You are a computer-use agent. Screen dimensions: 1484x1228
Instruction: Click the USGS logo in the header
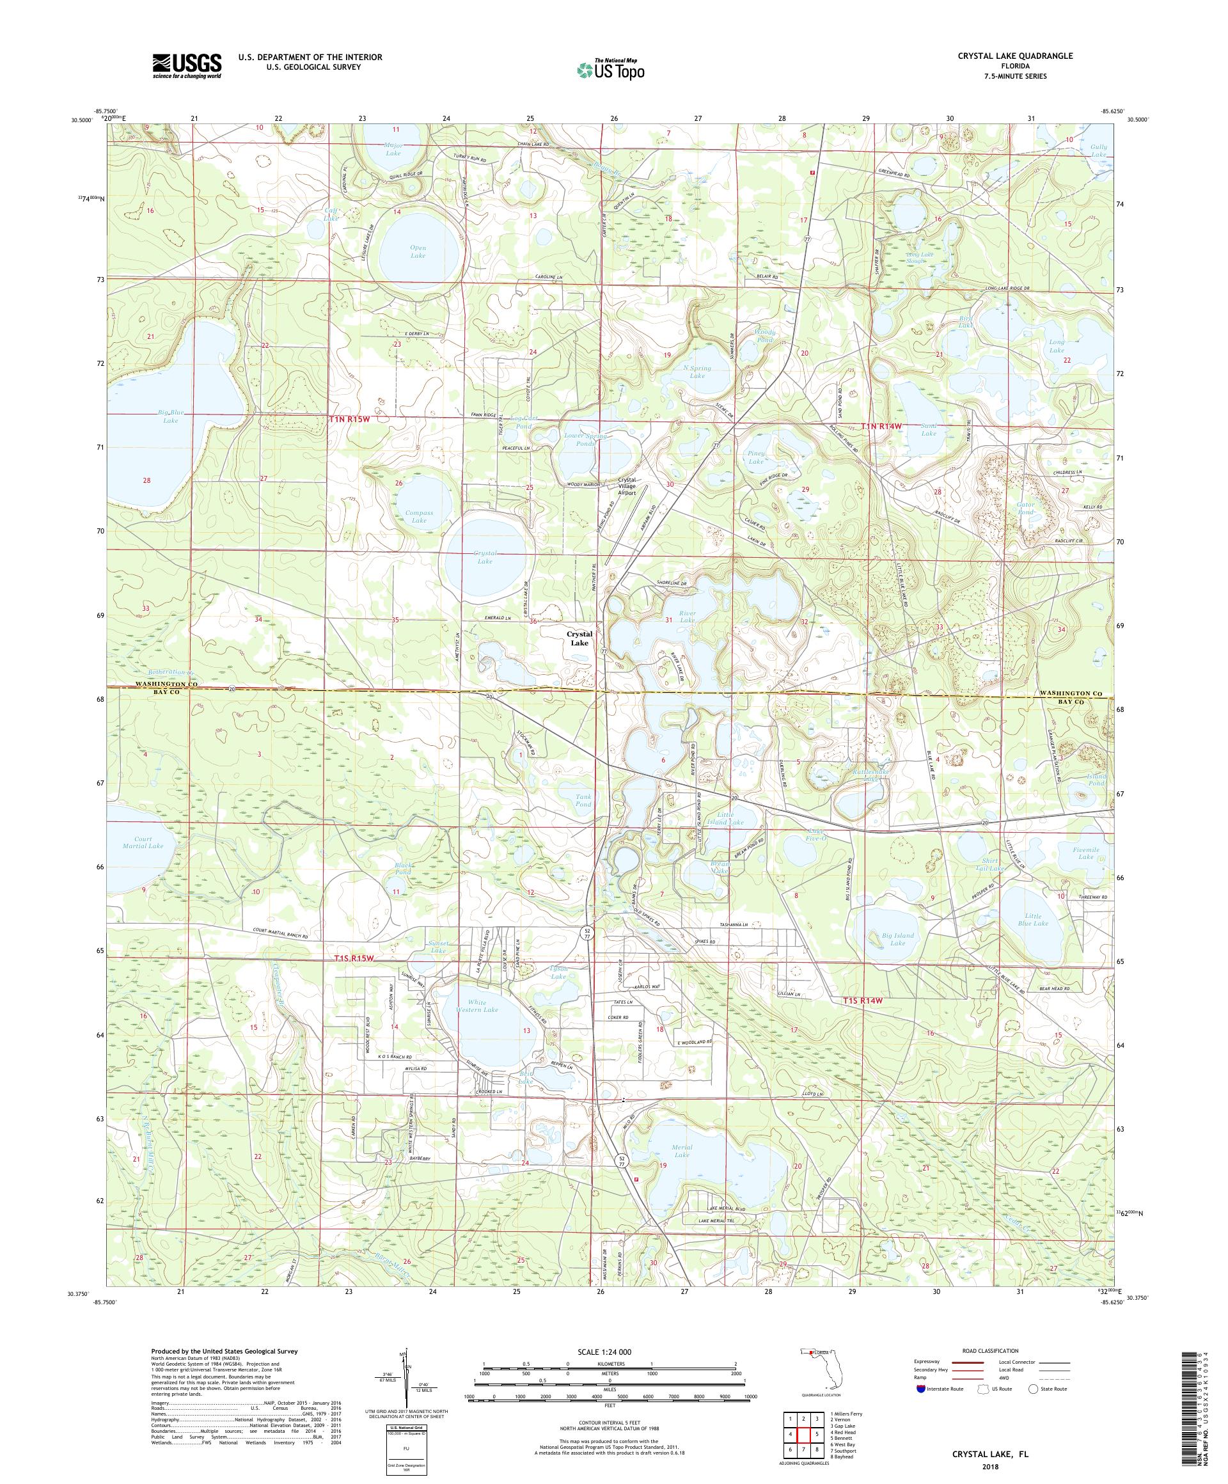coord(187,66)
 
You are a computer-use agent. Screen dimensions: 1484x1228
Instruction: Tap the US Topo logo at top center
coord(611,69)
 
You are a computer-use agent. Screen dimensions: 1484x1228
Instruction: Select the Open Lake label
coord(418,251)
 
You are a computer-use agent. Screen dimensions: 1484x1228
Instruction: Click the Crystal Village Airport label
coord(622,486)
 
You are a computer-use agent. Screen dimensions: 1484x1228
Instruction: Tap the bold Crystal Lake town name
coord(579,638)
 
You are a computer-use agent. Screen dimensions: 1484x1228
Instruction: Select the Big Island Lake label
coord(897,939)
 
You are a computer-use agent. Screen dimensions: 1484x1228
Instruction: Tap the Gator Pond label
coord(1025,508)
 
